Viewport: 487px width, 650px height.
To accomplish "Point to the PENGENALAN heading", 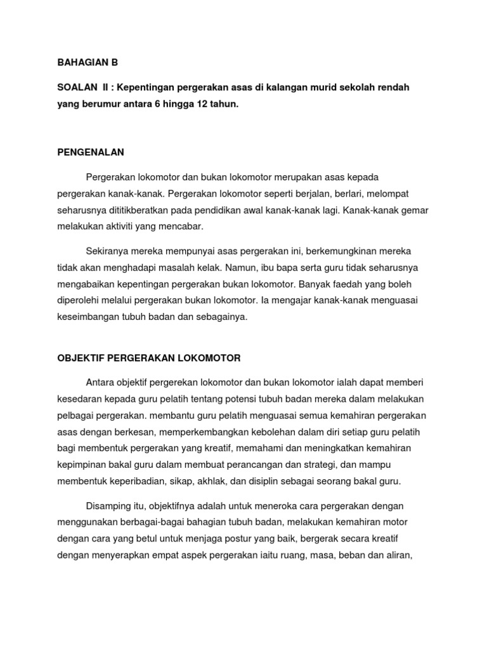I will [90, 152].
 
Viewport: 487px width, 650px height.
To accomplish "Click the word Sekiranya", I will [108, 250].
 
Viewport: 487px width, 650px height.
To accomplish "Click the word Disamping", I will [108, 506].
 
